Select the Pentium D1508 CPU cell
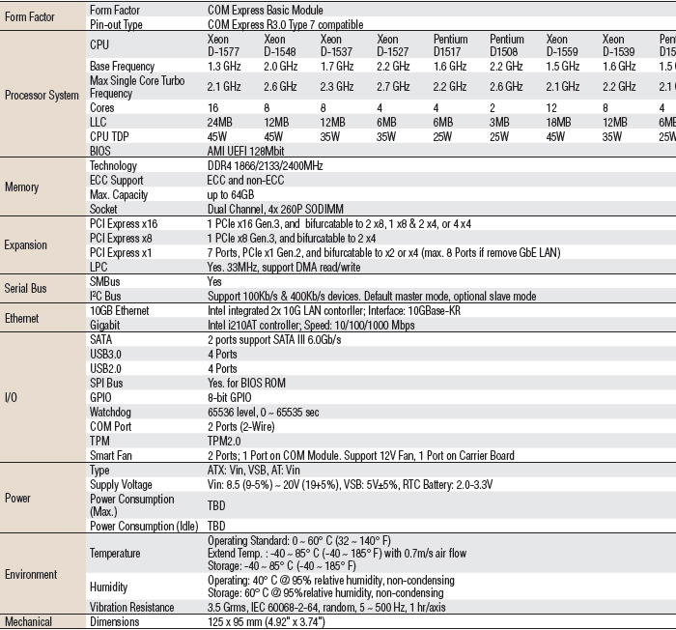pyautogui.click(x=506, y=45)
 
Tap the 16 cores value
pyautogui.click(x=213, y=109)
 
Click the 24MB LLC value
pyautogui.click(x=220, y=123)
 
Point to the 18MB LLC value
pyautogui.click(x=559, y=123)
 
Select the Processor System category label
pyautogui.click(x=41, y=96)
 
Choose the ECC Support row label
pyautogui.click(x=116, y=180)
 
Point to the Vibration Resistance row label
pyautogui.click(x=132, y=607)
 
